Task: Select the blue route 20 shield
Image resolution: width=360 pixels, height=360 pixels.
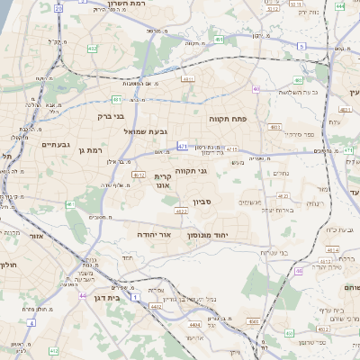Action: coord(59,8)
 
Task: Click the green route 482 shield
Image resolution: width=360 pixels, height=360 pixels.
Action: coord(220,40)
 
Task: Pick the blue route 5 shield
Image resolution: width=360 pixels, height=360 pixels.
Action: coord(301,46)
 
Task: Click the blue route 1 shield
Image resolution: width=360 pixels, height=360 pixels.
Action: coord(134,295)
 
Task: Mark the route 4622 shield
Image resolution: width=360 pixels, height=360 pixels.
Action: coord(181,211)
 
